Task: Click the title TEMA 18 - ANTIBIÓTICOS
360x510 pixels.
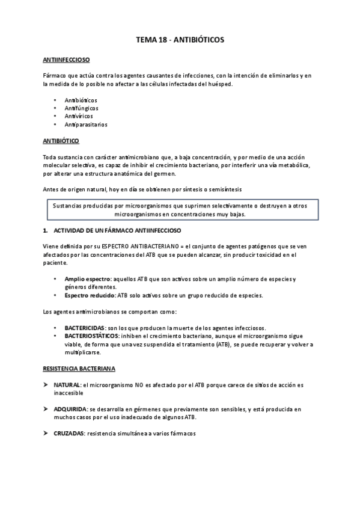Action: click(180, 40)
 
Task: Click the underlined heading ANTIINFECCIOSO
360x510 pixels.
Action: click(67, 61)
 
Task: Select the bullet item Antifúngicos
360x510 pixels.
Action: click(82, 108)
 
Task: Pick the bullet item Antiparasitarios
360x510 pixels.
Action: click(86, 124)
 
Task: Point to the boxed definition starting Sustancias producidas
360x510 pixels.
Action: click(180, 210)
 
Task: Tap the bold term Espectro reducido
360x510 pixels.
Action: click(90, 295)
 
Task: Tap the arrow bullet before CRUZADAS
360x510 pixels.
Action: click(46, 434)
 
